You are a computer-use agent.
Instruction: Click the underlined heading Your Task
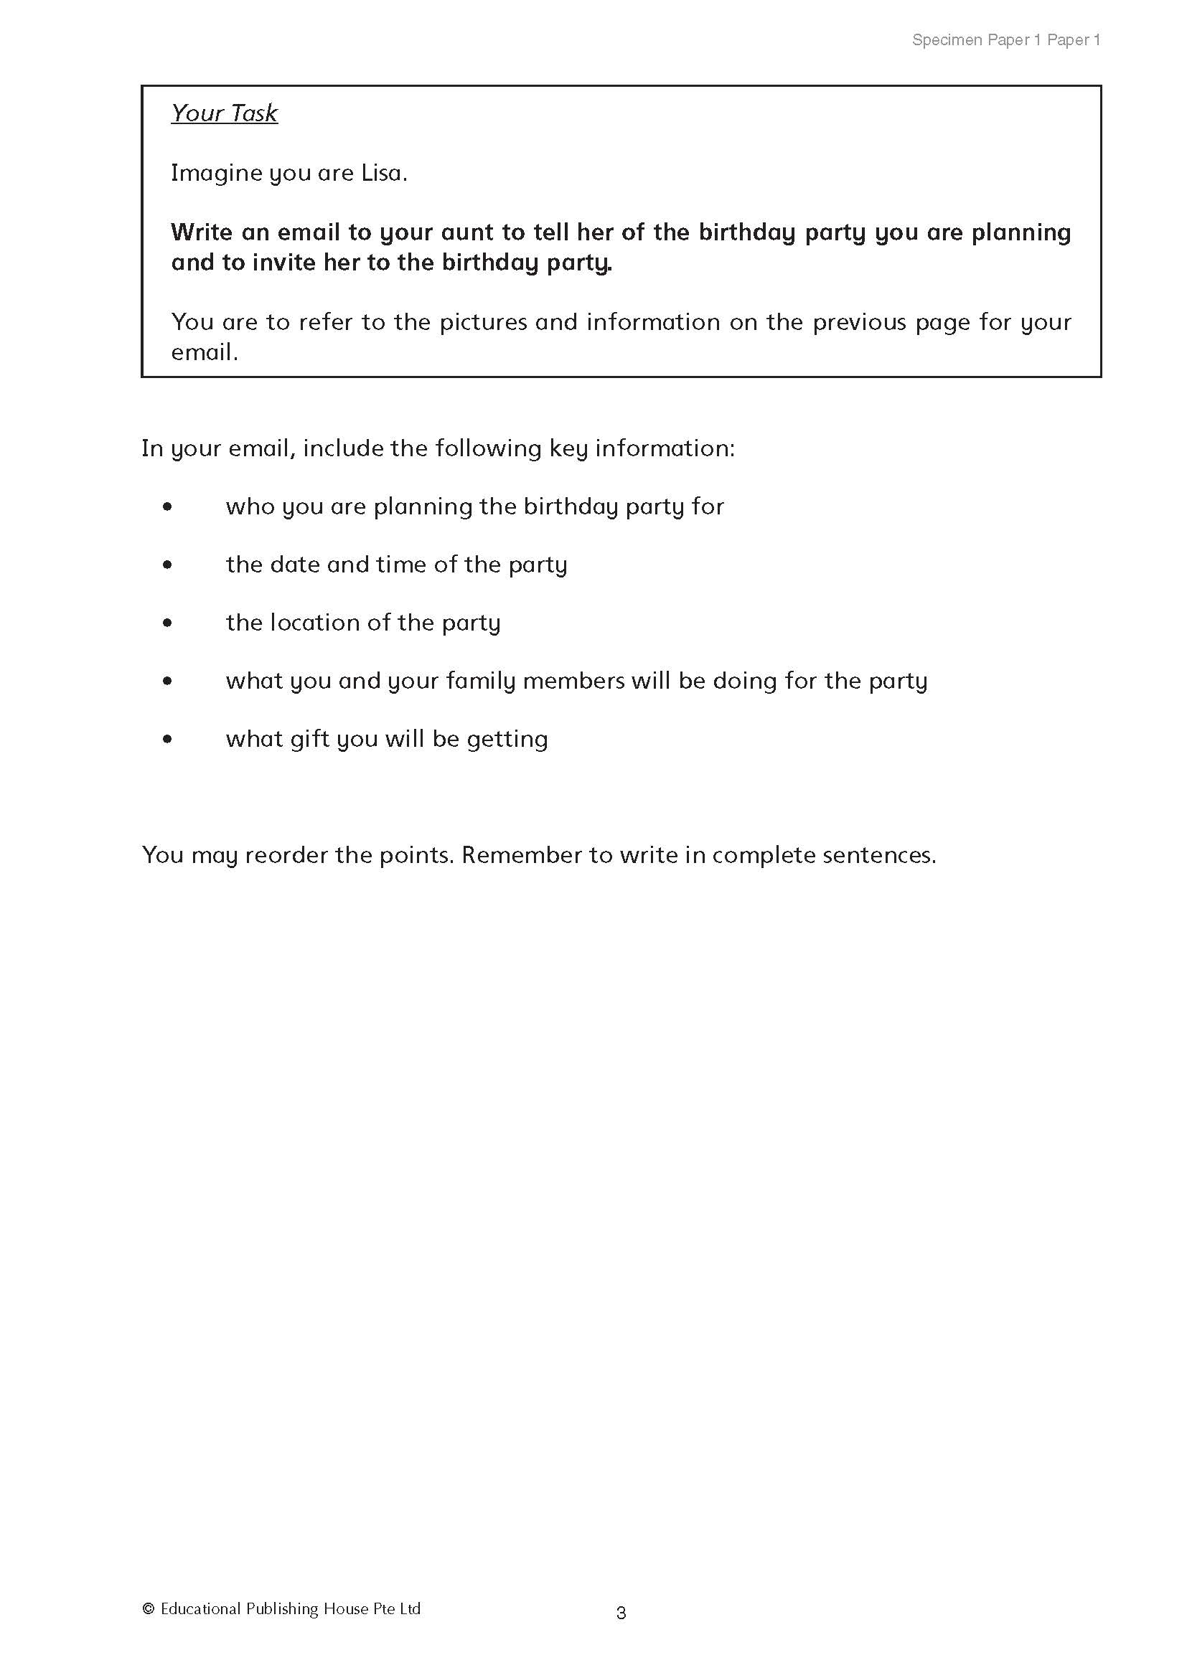pyautogui.click(x=225, y=113)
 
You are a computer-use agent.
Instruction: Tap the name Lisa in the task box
pyautogui.click(x=384, y=173)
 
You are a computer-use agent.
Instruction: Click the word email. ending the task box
pyautogui.click(x=204, y=352)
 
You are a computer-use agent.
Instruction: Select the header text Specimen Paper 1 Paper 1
pyautogui.click(x=1005, y=40)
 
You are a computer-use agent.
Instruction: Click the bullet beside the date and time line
pyautogui.click(x=168, y=564)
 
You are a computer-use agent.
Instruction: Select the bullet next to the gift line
pyautogui.click(x=168, y=739)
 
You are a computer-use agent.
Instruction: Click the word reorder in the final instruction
pyautogui.click(x=286, y=855)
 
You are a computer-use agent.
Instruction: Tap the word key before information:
pyautogui.click(x=568, y=448)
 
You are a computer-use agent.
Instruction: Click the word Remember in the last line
pyautogui.click(x=526, y=855)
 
